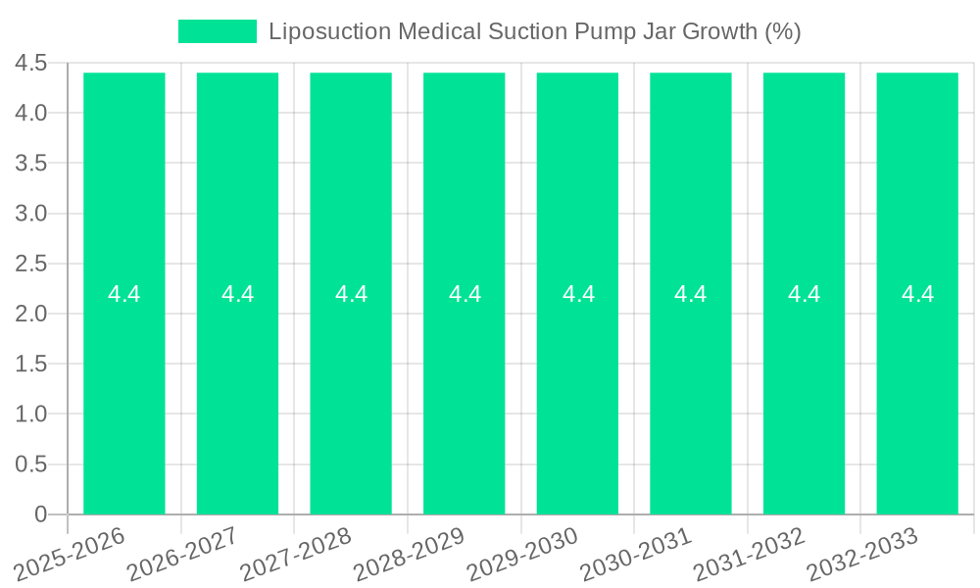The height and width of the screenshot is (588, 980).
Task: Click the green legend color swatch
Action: tap(217, 31)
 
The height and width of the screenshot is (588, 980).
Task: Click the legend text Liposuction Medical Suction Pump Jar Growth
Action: tap(534, 31)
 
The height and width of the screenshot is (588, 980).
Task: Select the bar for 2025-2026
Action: tap(124, 392)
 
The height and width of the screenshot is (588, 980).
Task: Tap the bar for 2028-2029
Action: tap(465, 392)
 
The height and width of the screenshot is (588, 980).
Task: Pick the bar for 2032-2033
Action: tap(917, 392)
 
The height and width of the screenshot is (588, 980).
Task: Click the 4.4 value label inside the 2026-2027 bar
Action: tap(237, 294)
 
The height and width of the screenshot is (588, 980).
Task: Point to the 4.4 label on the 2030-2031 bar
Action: tap(691, 294)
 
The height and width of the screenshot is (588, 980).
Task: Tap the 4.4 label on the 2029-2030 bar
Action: tap(578, 294)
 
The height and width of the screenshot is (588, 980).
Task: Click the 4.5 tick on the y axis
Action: tap(31, 64)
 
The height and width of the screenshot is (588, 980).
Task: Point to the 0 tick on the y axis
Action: tap(40, 514)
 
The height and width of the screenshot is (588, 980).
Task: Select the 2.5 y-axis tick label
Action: tap(31, 264)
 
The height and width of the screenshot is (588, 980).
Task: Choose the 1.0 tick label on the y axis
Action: tap(31, 415)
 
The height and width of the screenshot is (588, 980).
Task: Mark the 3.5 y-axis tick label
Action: tap(31, 164)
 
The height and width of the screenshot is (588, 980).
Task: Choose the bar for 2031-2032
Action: tap(804, 392)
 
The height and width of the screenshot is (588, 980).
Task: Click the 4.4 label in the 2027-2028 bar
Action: tap(351, 294)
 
